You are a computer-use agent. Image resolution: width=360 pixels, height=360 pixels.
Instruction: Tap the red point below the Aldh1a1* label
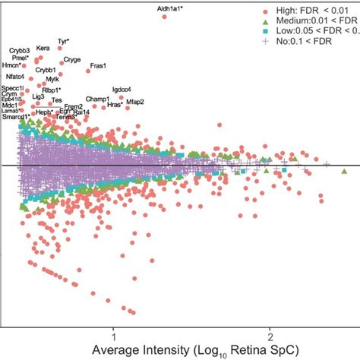click(x=165, y=16)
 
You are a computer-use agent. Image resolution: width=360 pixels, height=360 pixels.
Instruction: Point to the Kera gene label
click(x=43, y=48)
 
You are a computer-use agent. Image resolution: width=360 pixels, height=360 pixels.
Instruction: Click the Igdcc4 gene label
click(x=122, y=90)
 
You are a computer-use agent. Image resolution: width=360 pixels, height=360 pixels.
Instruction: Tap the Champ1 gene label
click(x=97, y=99)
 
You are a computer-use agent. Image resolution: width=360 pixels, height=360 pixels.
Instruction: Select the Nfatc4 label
click(x=15, y=76)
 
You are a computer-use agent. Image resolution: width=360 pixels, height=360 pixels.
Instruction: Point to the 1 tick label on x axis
click(x=113, y=334)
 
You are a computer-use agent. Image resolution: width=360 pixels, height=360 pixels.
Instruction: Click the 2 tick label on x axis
click(x=270, y=334)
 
